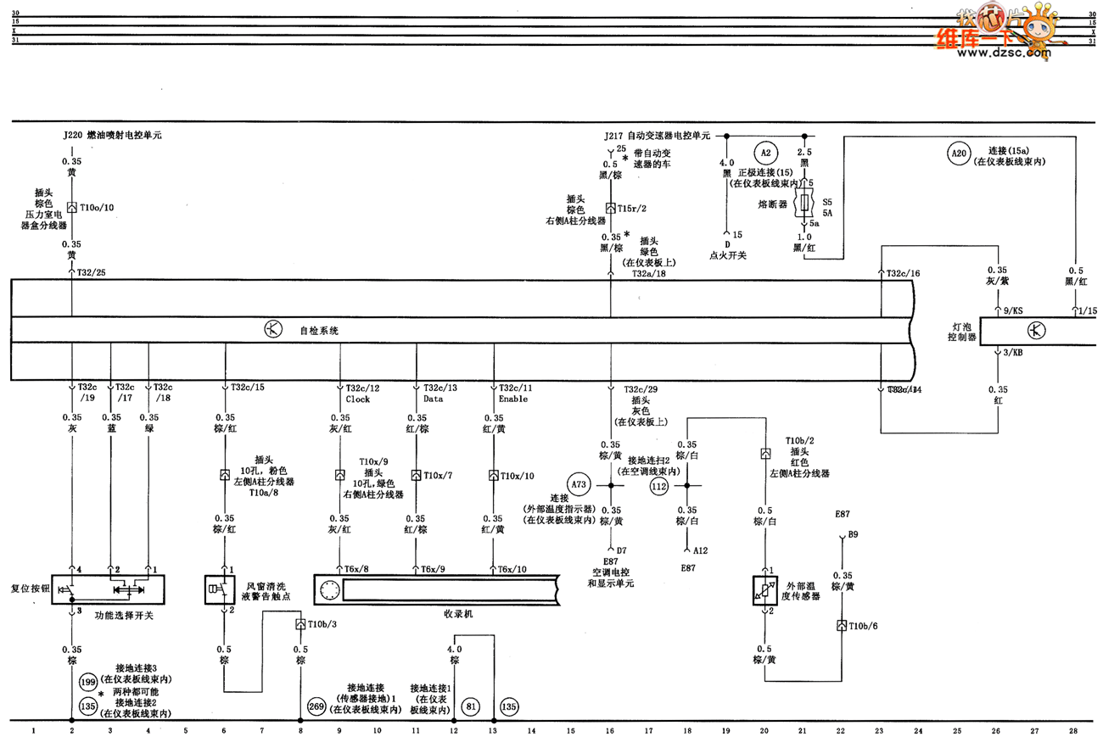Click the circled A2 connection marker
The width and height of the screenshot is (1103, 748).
point(764,153)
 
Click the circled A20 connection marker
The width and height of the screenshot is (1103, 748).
point(958,153)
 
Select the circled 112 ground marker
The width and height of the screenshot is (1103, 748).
point(659,486)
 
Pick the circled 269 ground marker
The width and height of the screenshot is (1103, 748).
point(316,706)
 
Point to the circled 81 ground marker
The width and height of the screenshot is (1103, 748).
point(471,706)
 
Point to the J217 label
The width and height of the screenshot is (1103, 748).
point(613,135)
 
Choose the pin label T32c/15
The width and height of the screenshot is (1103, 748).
point(248,388)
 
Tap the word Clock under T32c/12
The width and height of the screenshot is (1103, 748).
point(357,399)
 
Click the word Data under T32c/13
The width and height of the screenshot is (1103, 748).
point(434,399)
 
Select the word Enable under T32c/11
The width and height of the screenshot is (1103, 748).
point(512,399)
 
